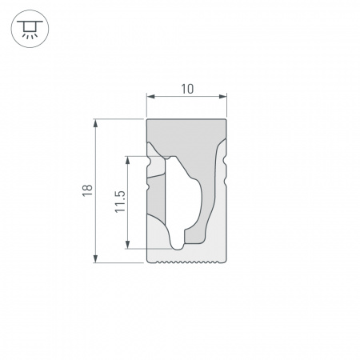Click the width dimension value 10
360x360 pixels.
(187, 90)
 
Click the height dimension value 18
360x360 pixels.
(87, 190)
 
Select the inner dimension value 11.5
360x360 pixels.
(120, 202)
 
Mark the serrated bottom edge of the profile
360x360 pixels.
(187, 261)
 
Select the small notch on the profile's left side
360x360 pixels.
(149, 185)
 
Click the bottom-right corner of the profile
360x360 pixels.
(226, 261)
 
